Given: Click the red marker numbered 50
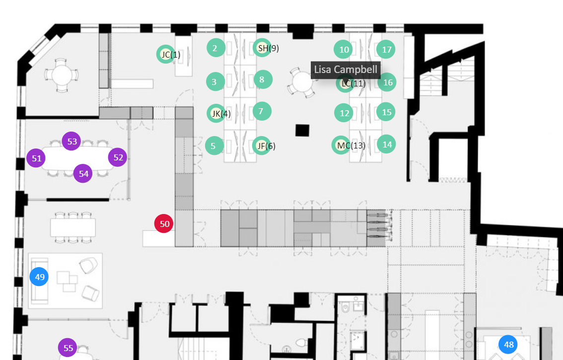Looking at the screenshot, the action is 164,224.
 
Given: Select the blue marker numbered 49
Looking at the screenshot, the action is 39,277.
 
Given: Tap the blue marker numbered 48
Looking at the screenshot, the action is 508,344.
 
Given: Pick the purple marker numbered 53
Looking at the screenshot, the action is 72,142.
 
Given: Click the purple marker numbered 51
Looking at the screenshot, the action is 36,158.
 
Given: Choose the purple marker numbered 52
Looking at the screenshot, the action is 118,157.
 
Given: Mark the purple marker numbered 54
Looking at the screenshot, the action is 83,174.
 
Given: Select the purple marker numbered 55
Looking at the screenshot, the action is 68,348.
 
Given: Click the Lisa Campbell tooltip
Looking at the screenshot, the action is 346,70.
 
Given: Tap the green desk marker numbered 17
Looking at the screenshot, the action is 386,50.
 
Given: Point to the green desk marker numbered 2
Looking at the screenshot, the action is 215,48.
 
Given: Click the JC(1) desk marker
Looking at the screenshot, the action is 166,54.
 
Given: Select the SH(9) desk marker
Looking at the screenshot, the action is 262,48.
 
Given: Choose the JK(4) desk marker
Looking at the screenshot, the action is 216,113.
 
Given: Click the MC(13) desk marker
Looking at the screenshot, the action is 341,145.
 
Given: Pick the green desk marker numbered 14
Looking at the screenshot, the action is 387,144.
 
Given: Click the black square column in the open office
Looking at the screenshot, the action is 302,130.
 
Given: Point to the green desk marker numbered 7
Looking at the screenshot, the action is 262,111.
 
